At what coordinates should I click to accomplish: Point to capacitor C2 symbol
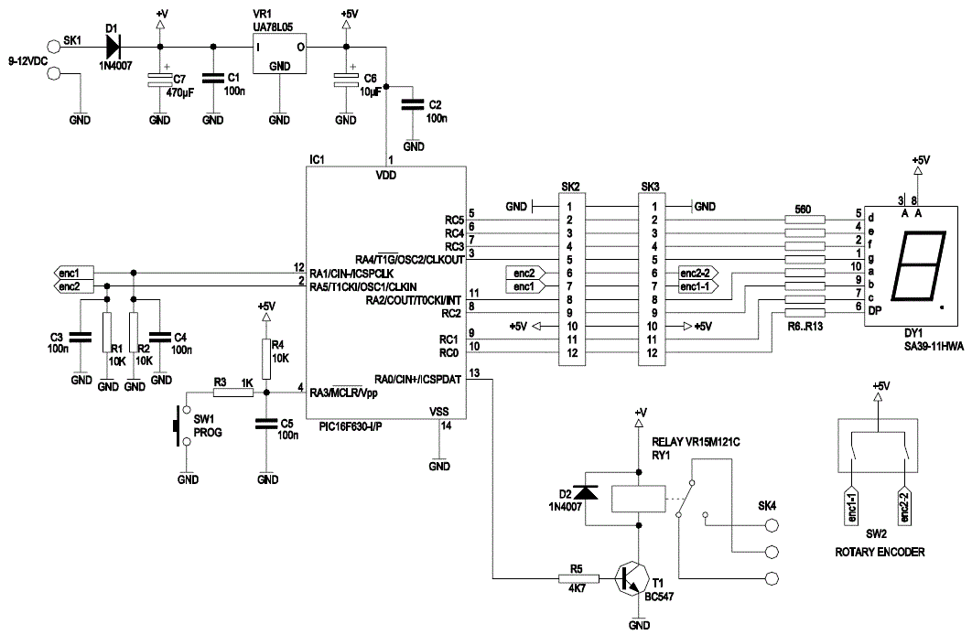pos(413,105)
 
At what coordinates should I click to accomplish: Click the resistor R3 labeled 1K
pos(234,393)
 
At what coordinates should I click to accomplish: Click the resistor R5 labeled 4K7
pos(578,578)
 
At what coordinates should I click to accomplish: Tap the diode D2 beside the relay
pos(586,493)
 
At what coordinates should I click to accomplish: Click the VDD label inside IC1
pos(386,174)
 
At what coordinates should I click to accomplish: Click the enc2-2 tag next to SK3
pos(697,273)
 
